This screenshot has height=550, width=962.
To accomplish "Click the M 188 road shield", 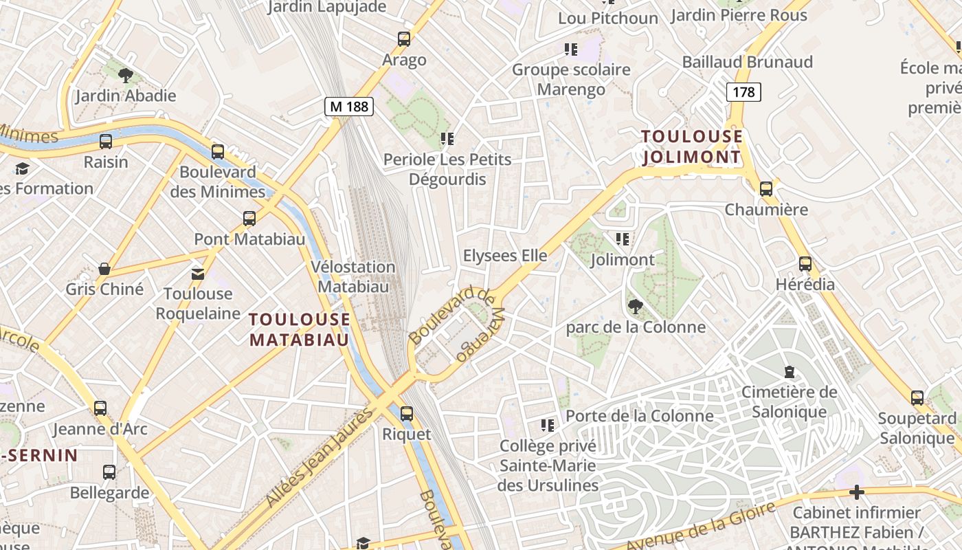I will pyautogui.click(x=349, y=106).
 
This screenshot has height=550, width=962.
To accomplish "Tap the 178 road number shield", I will pyautogui.click(x=743, y=91).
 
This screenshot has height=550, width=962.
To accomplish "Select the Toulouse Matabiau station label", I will pyautogui.click(x=300, y=329).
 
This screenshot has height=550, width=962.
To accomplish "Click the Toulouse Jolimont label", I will pyautogui.click(x=692, y=146).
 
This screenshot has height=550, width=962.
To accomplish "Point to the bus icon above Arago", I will pyautogui.click(x=404, y=39).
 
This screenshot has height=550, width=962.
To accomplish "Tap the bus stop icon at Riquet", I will pyautogui.click(x=407, y=413).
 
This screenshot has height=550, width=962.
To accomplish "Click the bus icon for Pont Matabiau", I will pyautogui.click(x=249, y=219).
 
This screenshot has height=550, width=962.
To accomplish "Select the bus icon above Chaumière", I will pyautogui.click(x=766, y=188).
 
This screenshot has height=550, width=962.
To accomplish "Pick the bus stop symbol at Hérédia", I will pyautogui.click(x=805, y=263).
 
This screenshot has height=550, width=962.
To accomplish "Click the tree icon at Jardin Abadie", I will pyautogui.click(x=125, y=75).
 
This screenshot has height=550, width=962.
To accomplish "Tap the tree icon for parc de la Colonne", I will pyautogui.click(x=635, y=307).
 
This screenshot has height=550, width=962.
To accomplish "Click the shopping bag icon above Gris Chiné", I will pyautogui.click(x=104, y=268).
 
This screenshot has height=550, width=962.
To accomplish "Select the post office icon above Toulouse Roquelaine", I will pyautogui.click(x=198, y=274).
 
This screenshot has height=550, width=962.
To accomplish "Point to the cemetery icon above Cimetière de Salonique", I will pyautogui.click(x=790, y=372).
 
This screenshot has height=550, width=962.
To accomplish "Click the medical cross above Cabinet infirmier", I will pyautogui.click(x=856, y=492).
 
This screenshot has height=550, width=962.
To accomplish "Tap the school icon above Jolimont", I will pyautogui.click(x=623, y=239).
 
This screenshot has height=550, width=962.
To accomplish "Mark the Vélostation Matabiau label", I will pyautogui.click(x=353, y=276).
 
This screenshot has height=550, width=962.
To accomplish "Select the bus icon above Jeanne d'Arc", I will pyautogui.click(x=100, y=408).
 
